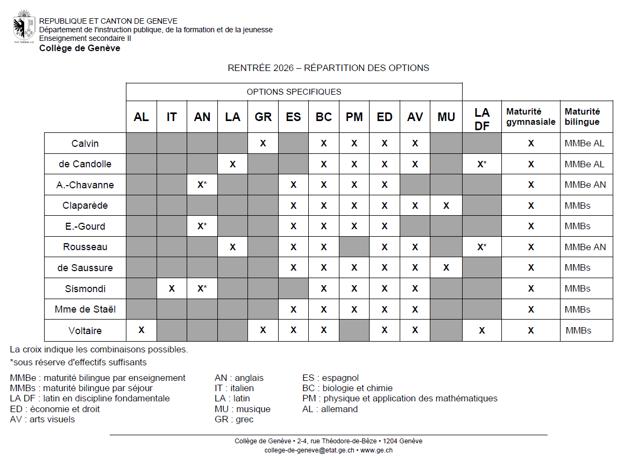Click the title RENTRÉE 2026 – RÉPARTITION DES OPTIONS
coord(328,68)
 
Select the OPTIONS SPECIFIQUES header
coord(294,91)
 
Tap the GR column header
coord(263,117)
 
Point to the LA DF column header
coord(482,117)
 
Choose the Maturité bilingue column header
coord(583,117)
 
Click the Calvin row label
coord(85,144)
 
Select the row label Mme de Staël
coord(85,309)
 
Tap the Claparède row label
coord(85,206)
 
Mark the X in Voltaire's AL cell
coord(141,330)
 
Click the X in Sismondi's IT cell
coord(172,288)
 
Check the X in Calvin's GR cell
coord(263,144)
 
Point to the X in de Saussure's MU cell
coord(446,267)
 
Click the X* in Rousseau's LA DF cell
coord(482,247)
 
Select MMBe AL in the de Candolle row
coord(584,164)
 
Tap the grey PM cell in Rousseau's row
coord(354,247)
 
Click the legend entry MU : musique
coord(242,409)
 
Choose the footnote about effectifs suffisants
coord(78,362)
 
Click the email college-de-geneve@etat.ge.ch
coord(309,450)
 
